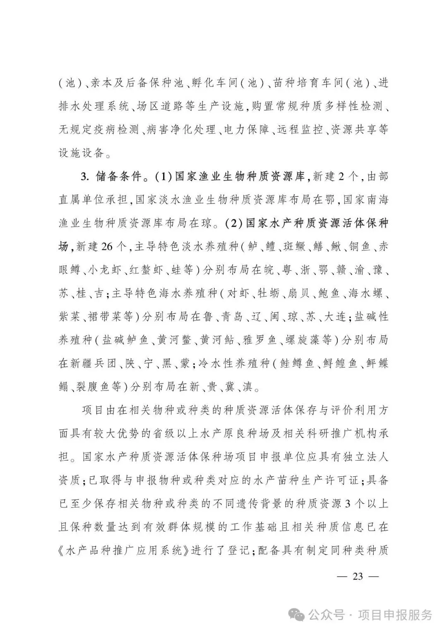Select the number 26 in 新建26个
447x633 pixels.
pos(106,247)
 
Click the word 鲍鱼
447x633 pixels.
pos(329,293)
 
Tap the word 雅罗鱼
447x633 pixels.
pos(260,340)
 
